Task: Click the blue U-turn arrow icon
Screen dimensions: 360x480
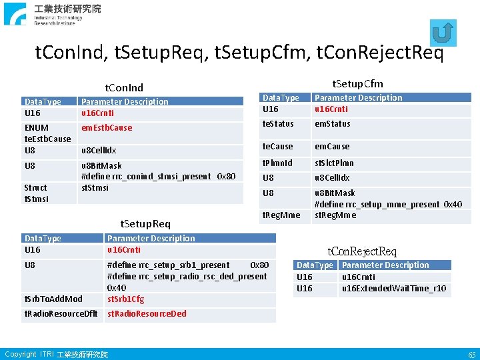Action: point(443,33)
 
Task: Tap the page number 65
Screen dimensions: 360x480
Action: point(471,354)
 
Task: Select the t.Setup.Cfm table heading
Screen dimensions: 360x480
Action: point(358,83)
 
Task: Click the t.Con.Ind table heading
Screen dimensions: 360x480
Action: point(124,87)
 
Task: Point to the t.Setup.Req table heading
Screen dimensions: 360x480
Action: point(145,224)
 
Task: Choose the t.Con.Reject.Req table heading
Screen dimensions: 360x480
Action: point(362,251)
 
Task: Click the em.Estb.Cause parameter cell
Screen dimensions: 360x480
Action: point(107,127)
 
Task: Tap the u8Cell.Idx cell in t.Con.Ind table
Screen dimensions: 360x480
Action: point(99,150)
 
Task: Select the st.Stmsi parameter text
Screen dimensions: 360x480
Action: point(95,187)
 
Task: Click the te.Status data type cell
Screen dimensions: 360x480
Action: point(278,123)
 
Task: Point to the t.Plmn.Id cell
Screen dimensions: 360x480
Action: point(277,163)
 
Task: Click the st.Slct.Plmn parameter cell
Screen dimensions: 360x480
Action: point(335,163)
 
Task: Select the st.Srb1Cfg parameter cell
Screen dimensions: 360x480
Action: point(125,299)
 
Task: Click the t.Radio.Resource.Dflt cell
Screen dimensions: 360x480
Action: point(61,313)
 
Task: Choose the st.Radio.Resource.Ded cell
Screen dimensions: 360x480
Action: point(147,313)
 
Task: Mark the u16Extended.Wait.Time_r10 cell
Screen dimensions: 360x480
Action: point(394,289)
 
